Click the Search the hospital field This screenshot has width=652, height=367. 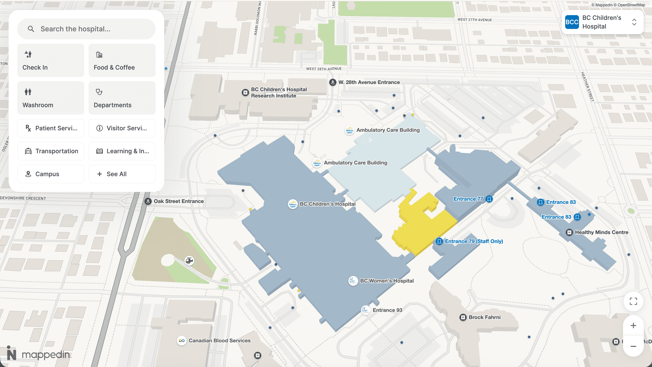point(86,29)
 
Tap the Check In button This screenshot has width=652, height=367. point(51,60)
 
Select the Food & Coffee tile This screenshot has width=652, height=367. point(122,60)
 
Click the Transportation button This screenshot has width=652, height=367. point(51,151)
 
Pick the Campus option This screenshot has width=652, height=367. point(51,174)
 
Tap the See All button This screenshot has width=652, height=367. point(122,174)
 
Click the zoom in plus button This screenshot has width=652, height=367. point(633,326)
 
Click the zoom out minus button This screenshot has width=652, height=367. point(633,346)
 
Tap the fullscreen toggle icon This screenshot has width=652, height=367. point(633,301)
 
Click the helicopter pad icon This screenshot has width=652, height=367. point(189,260)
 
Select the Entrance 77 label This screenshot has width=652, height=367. point(468,199)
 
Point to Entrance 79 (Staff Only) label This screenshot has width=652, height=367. point(474,241)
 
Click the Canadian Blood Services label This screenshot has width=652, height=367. point(219,341)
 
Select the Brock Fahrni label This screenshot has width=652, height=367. point(484,317)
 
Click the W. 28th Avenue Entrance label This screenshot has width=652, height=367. point(369,82)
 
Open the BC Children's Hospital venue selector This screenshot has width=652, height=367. point(602,22)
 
